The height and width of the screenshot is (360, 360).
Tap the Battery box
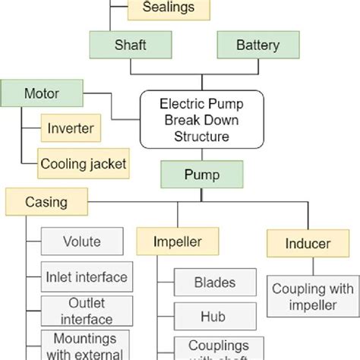click(257, 45)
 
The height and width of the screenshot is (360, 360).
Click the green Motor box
click(42, 94)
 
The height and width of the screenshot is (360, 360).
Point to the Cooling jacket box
click(84, 163)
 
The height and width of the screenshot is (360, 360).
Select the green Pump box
click(202, 175)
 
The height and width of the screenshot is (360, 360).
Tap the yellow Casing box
click(46, 202)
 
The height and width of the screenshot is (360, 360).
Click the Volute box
click(82, 243)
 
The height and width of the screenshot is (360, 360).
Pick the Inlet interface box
click(87, 276)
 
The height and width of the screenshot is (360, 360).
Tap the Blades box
click(215, 283)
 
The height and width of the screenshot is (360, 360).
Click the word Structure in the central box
click(201, 137)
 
